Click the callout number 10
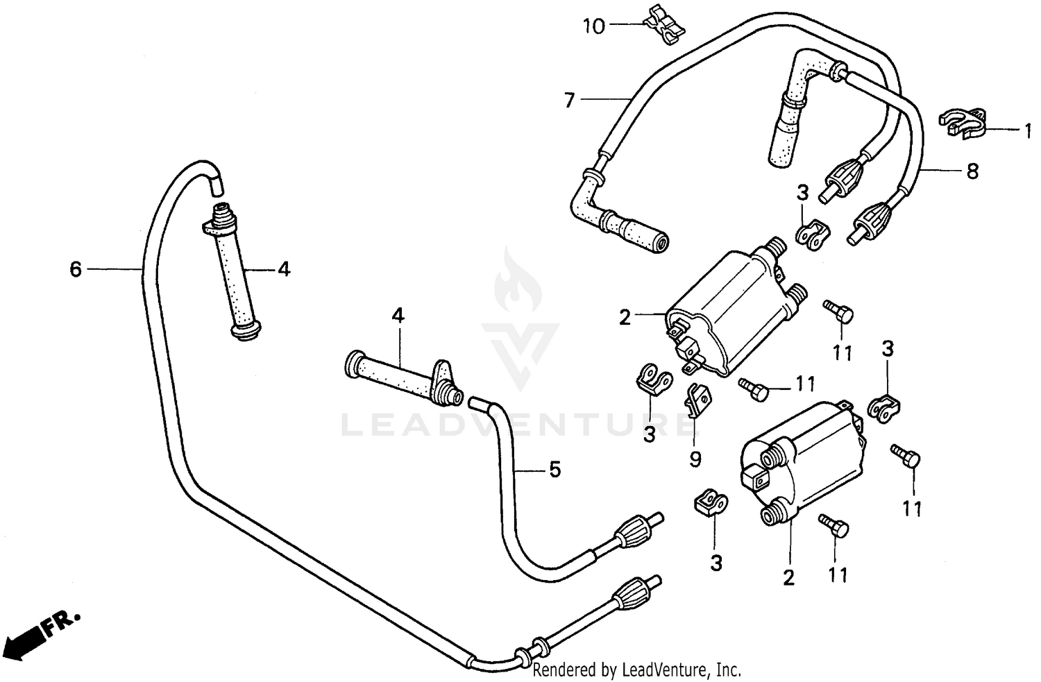(x=594, y=26)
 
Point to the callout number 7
(x=570, y=101)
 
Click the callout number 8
(x=972, y=171)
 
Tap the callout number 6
(x=76, y=268)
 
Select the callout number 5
(x=555, y=470)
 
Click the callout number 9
(x=695, y=459)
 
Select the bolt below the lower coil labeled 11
(x=835, y=527)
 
